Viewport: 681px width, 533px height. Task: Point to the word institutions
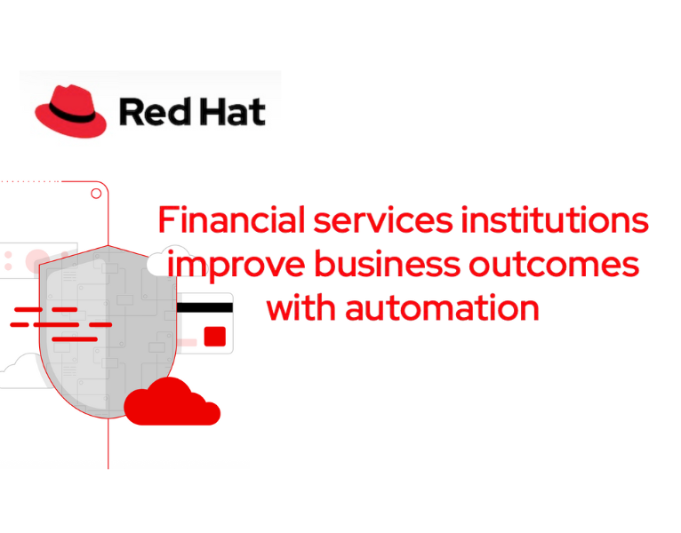point(554,220)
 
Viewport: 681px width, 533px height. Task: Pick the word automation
point(442,308)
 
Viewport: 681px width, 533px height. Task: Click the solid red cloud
point(170,402)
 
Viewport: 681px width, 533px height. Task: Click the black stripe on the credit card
point(205,307)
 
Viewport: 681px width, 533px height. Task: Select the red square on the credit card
point(214,336)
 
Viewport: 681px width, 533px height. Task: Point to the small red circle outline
point(95,193)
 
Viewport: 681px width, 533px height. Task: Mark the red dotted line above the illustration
point(30,181)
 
